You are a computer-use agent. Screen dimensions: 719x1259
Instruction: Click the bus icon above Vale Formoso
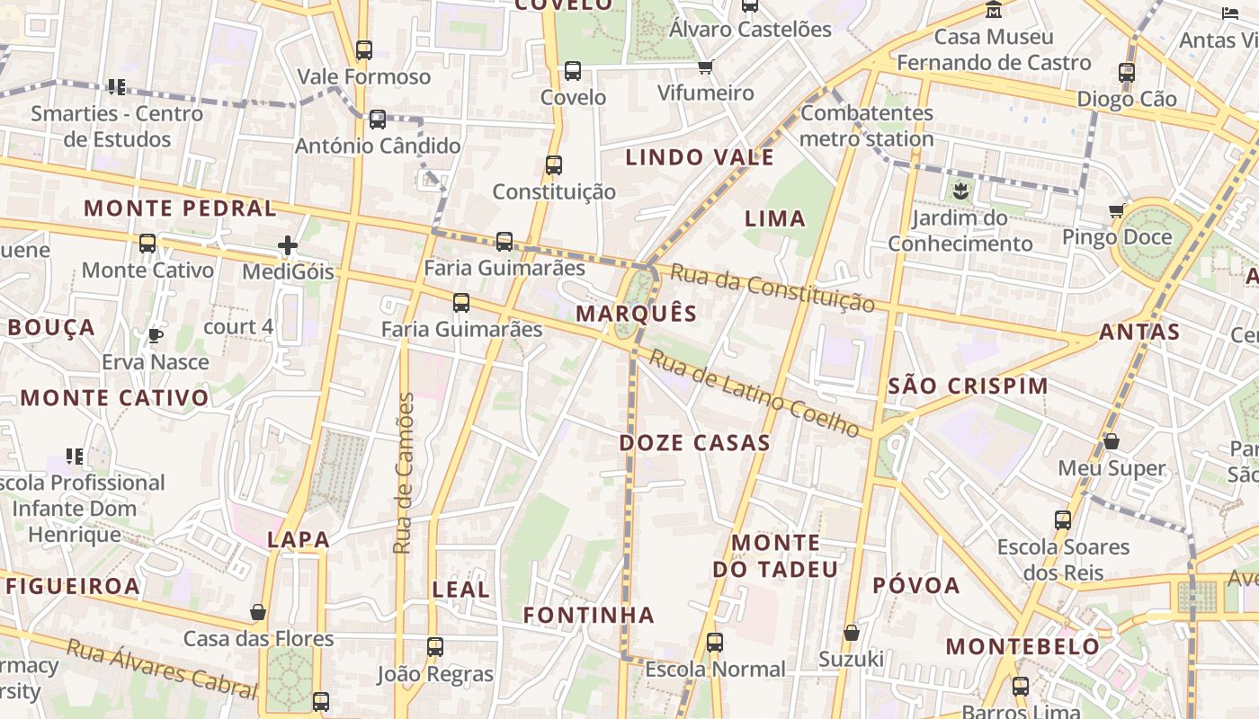tap(364, 50)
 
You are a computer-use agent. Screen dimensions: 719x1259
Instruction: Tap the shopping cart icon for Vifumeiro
tap(706, 67)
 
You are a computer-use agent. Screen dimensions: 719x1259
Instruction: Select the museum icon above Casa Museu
tap(994, 10)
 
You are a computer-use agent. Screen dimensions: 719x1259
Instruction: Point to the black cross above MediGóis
tap(288, 244)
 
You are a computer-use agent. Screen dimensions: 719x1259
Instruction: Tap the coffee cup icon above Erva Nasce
tap(156, 335)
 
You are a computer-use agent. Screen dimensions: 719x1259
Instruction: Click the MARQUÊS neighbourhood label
tap(637, 314)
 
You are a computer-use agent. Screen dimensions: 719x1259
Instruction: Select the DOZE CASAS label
tap(694, 442)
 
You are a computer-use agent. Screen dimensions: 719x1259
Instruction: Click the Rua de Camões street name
tap(405, 473)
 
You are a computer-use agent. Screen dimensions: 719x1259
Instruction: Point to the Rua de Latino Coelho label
tap(755, 393)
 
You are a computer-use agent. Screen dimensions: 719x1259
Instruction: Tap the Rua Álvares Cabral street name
tap(162, 668)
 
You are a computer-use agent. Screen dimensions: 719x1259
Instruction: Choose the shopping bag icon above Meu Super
tap(1112, 441)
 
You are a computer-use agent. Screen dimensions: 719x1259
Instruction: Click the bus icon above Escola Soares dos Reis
tap(1063, 519)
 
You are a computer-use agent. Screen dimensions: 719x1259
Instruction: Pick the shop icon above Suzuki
tap(851, 633)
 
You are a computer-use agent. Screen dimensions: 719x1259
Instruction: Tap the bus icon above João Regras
tap(435, 646)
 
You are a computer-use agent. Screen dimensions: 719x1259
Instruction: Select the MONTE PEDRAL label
tap(180, 209)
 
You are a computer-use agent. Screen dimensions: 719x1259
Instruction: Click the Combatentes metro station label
tap(867, 126)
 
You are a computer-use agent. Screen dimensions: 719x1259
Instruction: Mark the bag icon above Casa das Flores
tap(258, 612)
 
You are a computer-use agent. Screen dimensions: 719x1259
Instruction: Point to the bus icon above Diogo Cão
tap(1127, 73)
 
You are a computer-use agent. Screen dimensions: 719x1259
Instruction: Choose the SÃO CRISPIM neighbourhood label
tap(968, 386)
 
